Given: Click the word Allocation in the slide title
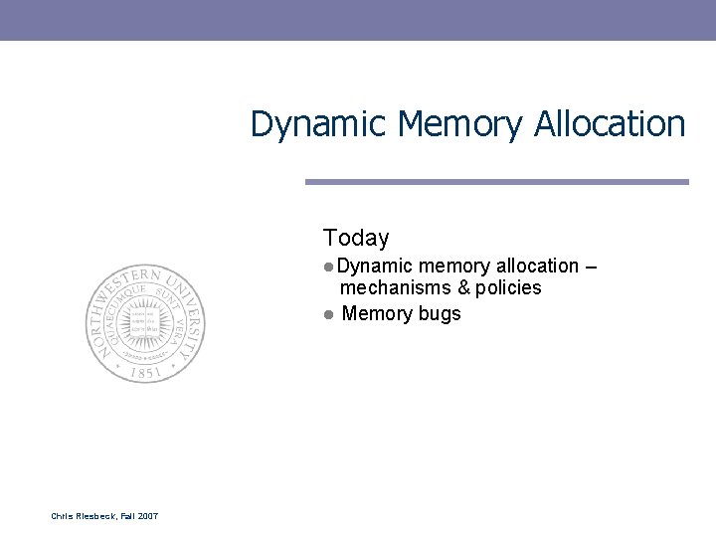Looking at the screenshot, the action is pos(610,125).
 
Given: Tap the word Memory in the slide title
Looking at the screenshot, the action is pos(460,125).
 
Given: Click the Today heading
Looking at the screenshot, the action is pos(356,238).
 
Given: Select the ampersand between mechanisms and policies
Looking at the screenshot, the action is pos(462,288).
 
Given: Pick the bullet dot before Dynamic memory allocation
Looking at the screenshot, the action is pos(328,267).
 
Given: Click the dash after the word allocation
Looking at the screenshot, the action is pos(591,267).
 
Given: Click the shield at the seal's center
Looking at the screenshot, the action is pos(145,323).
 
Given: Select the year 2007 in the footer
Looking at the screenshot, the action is pos(146,515).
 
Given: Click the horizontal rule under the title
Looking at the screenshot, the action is pos(496,182).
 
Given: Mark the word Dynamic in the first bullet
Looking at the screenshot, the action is pos(374,267).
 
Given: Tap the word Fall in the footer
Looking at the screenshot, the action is pos(125,515).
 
